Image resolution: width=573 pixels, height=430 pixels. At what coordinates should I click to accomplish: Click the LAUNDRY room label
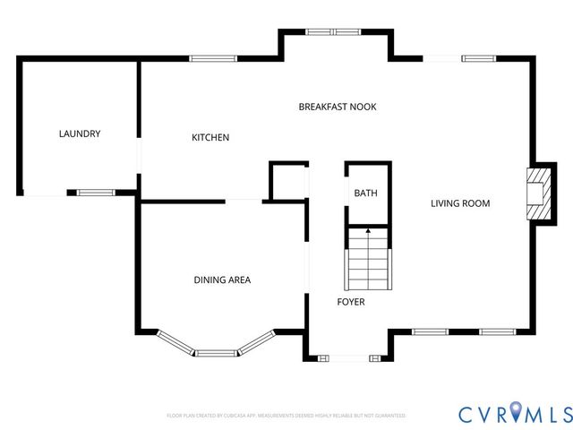pos(80,134)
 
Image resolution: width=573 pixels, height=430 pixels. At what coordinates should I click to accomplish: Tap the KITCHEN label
pos(210,138)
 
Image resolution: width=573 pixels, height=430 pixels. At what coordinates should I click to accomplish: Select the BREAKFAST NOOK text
pos(337,107)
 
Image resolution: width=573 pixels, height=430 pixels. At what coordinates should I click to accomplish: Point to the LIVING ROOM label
pos(460,203)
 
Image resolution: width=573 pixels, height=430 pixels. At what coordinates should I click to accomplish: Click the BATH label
pos(365,193)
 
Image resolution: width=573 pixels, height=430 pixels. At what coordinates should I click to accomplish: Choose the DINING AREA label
pos(222,280)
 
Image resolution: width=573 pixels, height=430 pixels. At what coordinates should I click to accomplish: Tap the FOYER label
pos(350,302)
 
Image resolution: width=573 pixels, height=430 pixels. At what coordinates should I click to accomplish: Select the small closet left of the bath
pos(288,183)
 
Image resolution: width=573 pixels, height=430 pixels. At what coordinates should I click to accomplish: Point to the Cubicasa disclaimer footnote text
pos(286,416)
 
